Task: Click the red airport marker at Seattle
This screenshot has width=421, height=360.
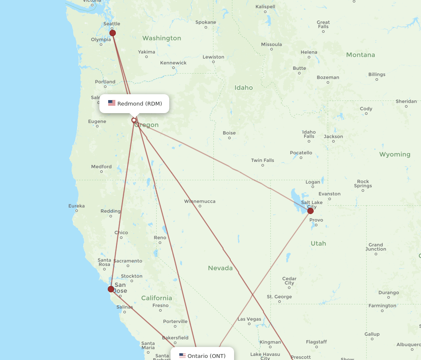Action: tap(112, 33)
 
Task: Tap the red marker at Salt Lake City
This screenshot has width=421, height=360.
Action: tap(310, 211)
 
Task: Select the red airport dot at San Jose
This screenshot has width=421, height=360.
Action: tap(111, 289)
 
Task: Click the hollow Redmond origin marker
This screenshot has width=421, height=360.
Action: tap(134, 120)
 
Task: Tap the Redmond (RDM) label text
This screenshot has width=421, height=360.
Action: tap(139, 104)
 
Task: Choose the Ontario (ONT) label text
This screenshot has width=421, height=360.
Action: tap(206, 356)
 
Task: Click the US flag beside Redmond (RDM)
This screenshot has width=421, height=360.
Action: tap(112, 103)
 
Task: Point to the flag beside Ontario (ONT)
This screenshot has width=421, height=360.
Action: tap(182, 356)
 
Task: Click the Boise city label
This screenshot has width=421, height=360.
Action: tap(229, 133)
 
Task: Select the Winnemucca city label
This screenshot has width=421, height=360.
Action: tap(200, 201)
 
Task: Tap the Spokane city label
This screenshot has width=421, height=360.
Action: tap(206, 22)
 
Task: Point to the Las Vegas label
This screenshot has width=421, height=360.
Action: tap(249, 319)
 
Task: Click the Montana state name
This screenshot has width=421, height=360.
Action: tap(360, 55)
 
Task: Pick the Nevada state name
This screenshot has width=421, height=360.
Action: tap(220, 268)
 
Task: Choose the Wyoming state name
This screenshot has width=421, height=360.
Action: tap(394, 154)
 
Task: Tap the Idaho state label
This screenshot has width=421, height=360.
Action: tap(244, 87)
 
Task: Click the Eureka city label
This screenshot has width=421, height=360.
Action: tap(77, 206)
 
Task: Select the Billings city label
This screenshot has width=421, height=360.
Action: tap(376, 74)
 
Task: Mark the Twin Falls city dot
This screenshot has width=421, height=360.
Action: tap(263, 165)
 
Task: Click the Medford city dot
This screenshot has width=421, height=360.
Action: tap(102, 172)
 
